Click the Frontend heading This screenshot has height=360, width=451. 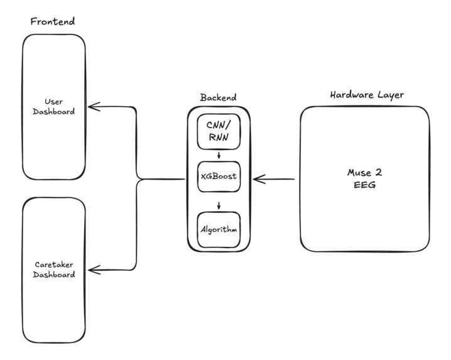(53, 21)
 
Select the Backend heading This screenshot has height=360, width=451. (218, 97)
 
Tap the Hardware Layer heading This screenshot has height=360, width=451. (367, 95)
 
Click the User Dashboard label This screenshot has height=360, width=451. (53, 107)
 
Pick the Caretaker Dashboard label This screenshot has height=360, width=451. (54, 270)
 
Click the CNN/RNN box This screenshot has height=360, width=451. (218, 132)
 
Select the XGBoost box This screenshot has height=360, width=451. (218, 177)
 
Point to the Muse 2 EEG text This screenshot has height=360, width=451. (364, 179)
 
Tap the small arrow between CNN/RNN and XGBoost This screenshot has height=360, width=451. (218, 156)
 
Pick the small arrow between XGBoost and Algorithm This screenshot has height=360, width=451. (218, 205)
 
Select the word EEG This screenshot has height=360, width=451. (364, 185)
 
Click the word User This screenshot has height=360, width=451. (53, 101)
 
